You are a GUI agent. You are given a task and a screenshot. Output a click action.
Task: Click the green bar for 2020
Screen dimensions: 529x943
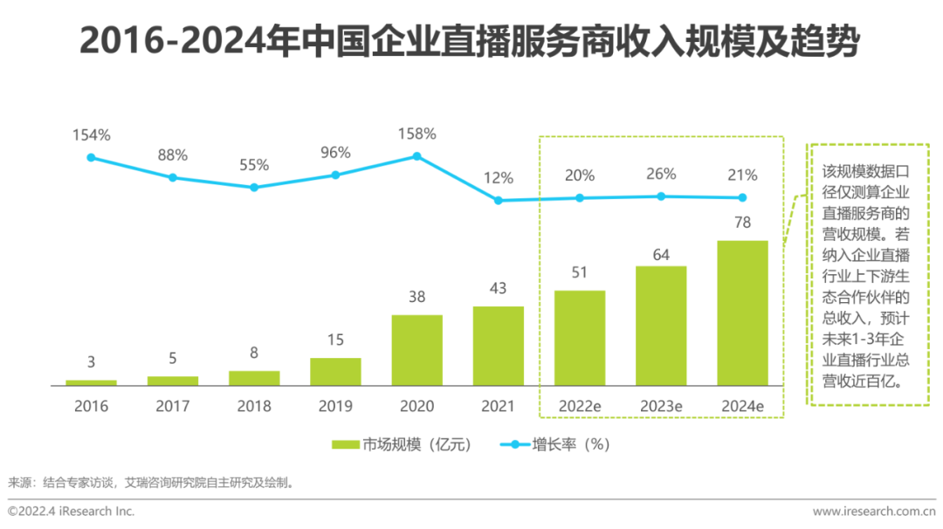click(x=416, y=350)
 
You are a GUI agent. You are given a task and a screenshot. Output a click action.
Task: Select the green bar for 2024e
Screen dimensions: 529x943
click(x=742, y=313)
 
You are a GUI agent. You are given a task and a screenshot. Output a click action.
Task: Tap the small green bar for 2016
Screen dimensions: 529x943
click(x=91, y=382)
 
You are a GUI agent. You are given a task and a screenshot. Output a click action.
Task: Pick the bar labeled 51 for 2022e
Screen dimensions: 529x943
click(x=579, y=338)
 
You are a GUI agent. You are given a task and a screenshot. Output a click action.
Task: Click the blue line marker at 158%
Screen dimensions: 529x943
click(x=416, y=156)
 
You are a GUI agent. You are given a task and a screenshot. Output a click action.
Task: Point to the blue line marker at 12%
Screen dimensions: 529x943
click(x=499, y=200)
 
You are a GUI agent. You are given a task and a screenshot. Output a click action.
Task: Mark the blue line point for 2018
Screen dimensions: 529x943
click(x=254, y=187)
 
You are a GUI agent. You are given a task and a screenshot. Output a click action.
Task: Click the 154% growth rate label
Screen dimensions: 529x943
click(x=91, y=135)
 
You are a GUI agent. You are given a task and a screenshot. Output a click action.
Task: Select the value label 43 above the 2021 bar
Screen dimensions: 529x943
click(x=499, y=289)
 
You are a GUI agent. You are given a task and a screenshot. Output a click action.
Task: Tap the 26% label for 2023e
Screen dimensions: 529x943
click(x=661, y=174)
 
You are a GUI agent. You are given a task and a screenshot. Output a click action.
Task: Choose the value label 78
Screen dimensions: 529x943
click(x=742, y=223)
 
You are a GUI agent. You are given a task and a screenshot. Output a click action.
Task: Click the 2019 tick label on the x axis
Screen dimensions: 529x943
click(x=335, y=406)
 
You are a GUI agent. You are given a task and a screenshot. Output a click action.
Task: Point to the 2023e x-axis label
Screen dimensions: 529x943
click(x=661, y=406)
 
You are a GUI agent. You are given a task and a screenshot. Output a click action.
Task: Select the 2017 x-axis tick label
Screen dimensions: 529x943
click(x=173, y=406)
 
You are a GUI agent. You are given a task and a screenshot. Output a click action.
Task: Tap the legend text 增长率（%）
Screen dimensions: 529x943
click(x=571, y=444)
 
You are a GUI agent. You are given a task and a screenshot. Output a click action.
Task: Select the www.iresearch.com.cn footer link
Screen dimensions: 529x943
click(x=873, y=511)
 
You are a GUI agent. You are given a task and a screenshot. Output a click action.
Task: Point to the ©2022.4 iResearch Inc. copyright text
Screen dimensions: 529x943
click(x=72, y=511)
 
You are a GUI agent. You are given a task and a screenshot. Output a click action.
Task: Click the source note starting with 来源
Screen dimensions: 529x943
click(x=151, y=482)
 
